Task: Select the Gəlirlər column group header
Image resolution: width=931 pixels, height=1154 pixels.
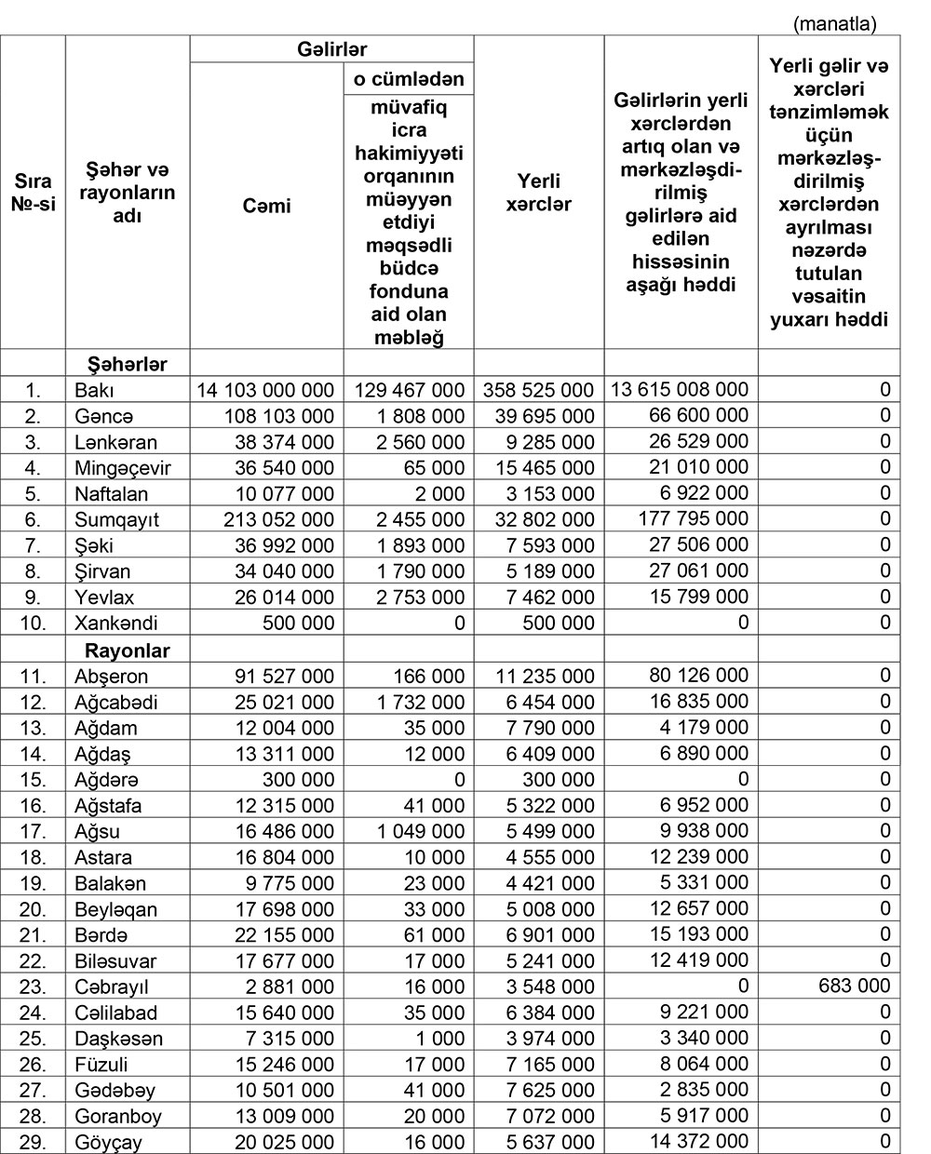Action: click(x=332, y=49)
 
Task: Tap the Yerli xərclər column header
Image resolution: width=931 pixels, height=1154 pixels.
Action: click(x=539, y=193)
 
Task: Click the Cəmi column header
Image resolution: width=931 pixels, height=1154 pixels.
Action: click(x=266, y=205)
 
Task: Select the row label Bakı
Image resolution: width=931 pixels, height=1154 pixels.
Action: click(x=94, y=390)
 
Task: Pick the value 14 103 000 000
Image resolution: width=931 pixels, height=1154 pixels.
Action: click(x=265, y=390)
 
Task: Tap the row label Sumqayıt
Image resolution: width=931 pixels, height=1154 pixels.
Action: click(x=117, y=519)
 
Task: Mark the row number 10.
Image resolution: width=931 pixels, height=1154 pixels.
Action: click(x=33, y=623)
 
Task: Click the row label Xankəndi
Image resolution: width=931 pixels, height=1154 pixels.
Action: click(x=116, y=623)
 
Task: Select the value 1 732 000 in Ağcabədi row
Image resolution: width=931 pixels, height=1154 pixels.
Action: click(x=420, y=703)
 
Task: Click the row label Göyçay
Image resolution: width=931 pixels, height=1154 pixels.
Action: click(x=109, y=1143)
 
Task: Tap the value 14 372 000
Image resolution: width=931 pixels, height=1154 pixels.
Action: click(x=693, y=1142)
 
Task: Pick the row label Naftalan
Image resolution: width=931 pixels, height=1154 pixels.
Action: click(x=111, y=493)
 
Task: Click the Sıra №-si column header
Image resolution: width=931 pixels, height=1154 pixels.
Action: click(x=34, y=193)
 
